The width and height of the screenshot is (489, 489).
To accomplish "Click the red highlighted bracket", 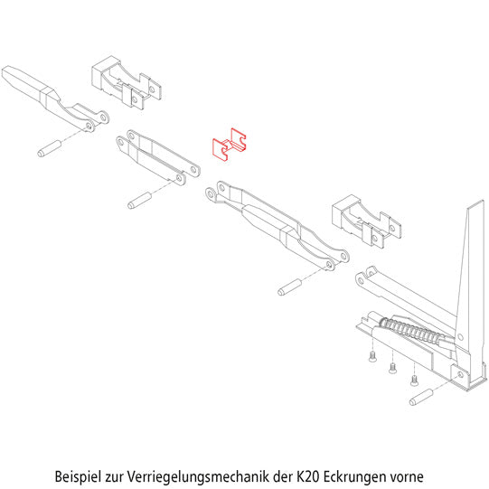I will pyautogui.click(x=230, y=144).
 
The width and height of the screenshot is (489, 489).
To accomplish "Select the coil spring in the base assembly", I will pyautogui.click(x=417, y=332).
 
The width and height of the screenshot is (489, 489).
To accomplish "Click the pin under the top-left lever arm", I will pyautogui.click(x=48, y=146).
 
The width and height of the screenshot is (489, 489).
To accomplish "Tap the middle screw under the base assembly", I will pyautogui.click(x=392, y=368).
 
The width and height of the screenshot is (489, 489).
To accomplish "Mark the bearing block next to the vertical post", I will pyautogui.click(x=366, y=221).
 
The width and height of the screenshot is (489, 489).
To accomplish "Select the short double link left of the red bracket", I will pyautogui.click(x=158, y=155).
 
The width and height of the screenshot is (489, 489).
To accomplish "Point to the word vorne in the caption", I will pyautogui.click(x=406, y=474).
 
